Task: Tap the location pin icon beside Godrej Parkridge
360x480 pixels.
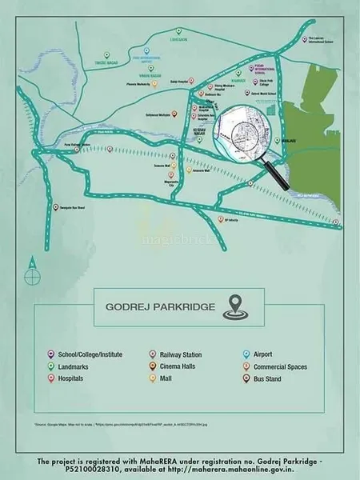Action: (x=233, y=305)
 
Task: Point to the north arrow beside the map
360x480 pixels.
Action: (x=30, y=262)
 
